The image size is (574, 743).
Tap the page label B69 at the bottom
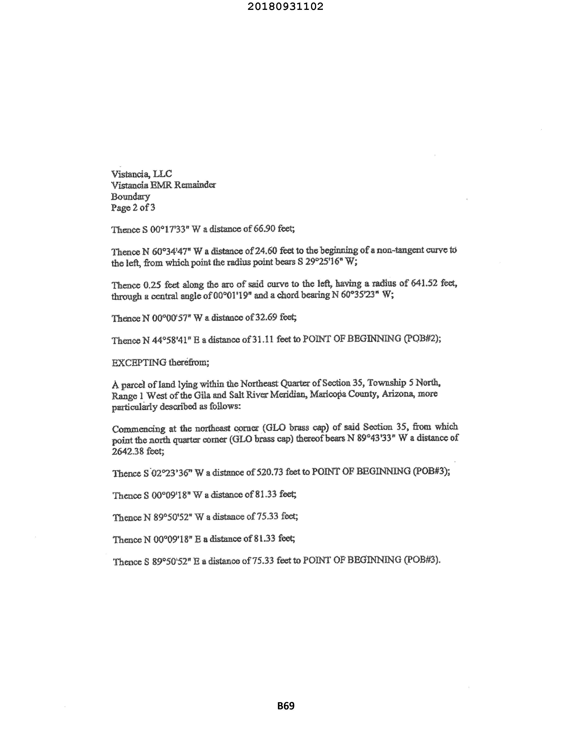pyautogui.click(x=286, y=706)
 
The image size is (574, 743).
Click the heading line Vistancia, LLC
pyautogui.click(x=141, y=174)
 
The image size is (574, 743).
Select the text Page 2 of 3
pyautogui.click(x=133, y=208)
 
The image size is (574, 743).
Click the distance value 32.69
pyautogui.click(x=266, y=317)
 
